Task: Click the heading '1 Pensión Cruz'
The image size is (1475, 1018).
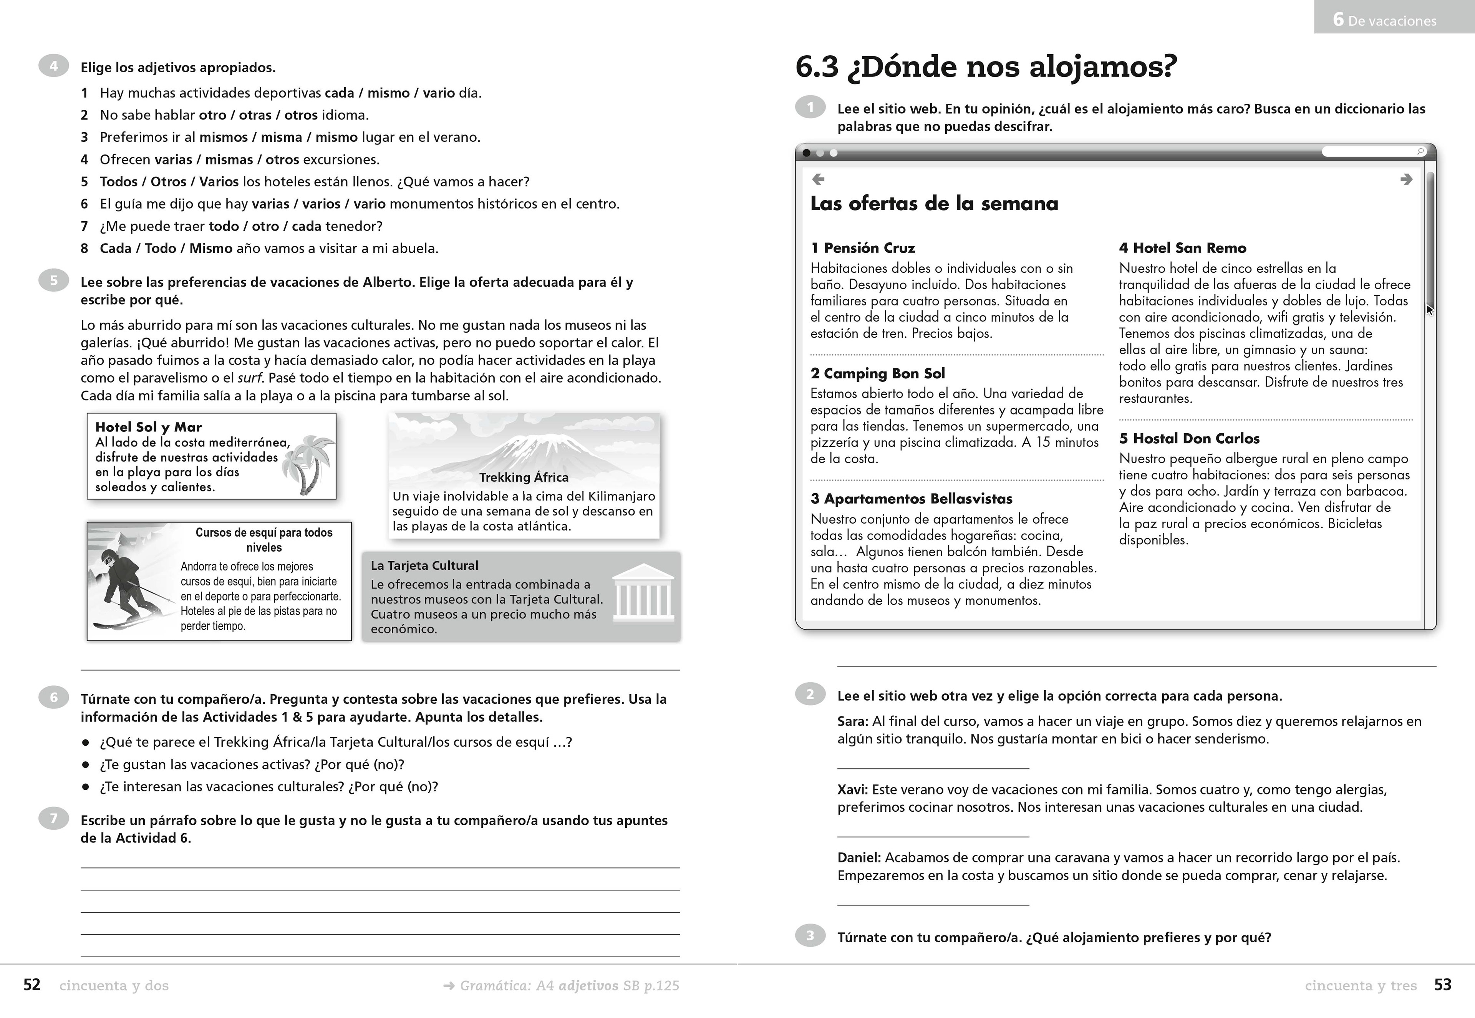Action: point(862,248)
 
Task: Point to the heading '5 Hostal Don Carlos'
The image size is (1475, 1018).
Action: point(1189,439)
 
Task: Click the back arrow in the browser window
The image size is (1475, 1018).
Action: point(818,179)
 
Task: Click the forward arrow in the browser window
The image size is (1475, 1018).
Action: point(1406,179)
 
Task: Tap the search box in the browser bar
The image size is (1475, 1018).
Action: point(1371,152)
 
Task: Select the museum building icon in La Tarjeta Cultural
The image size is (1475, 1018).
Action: point(643,593)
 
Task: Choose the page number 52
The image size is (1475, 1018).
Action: point(32,985)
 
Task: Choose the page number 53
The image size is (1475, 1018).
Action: point(1442,985)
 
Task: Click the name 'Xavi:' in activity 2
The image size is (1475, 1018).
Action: point(853,790)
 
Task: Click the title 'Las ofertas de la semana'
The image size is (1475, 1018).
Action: point(934,204)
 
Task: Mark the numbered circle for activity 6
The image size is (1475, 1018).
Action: point(53,698)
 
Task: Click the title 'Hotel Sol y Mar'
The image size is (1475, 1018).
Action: point(148,427)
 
